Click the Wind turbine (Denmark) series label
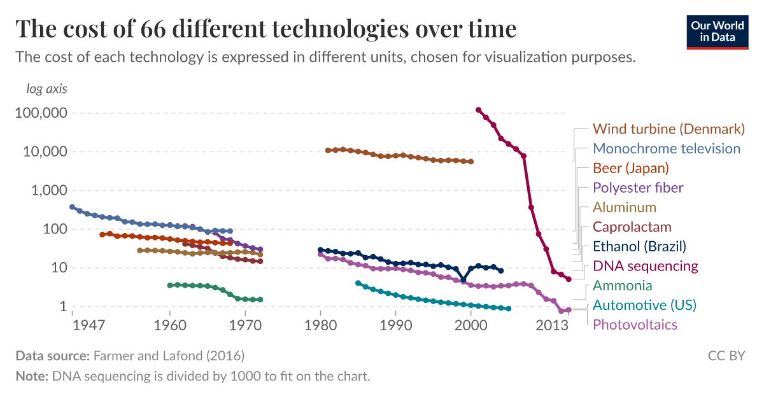(668, 129)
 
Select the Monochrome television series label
(667, 149)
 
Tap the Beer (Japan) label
(631, 169)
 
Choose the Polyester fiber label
(638, 188)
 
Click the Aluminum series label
(624, 207)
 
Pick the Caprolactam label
(632, 227)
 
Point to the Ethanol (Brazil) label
(639, 247)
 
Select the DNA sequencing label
(645, 266)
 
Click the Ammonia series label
(622, 286)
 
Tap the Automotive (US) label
(644, 305)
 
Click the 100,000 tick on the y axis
(41, 113)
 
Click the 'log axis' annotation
(46, 89)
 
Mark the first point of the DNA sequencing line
(479, 110)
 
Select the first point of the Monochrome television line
(72, 207)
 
